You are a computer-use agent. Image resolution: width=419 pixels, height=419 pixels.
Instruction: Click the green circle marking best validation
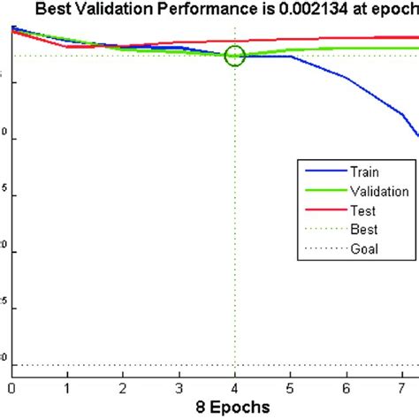[x=234, y=56]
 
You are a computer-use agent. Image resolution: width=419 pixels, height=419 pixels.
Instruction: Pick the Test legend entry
[x=363, y=210]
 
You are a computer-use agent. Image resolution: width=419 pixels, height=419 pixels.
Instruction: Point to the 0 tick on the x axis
[x=11, y=386]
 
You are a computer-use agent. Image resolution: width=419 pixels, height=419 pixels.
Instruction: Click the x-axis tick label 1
[x=67, y=386]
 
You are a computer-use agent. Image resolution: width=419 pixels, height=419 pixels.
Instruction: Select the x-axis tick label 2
[x=123, y=386]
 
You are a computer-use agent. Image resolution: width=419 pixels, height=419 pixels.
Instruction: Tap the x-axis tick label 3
[x=179, y=386]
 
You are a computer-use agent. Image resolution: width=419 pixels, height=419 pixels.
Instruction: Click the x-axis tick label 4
[x=235, y=386]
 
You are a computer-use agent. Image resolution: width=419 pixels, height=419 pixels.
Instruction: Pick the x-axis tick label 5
[x=291, y=386]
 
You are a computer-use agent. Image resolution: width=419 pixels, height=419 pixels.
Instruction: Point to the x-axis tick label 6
[x=347, y=386]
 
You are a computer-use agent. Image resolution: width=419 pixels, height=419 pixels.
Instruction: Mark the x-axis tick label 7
[x=402, y=386]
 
